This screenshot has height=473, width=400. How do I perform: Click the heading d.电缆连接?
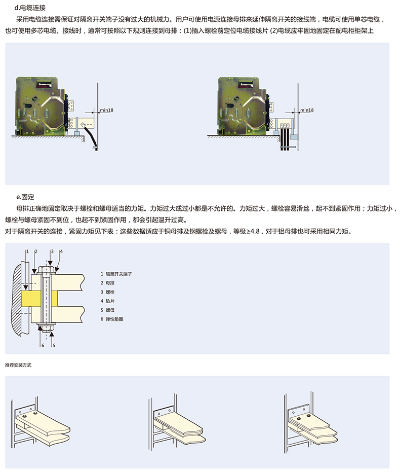pos(31,8)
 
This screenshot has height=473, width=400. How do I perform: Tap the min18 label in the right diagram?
pos(307,110)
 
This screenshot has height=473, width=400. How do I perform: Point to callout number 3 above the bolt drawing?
pos(52,251)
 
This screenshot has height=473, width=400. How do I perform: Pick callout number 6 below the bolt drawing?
pos(43,345)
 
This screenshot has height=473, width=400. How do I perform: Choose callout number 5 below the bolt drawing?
pos(54,345)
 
